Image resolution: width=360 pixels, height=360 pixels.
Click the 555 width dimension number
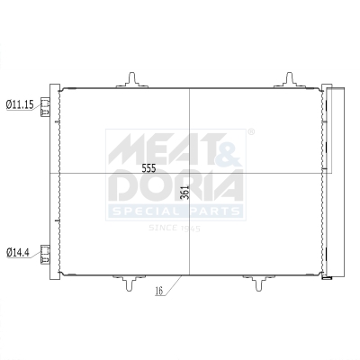pyautogui.click(x=149, y=168)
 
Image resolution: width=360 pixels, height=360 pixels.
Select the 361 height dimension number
pyautogui.click(x=184, y=193)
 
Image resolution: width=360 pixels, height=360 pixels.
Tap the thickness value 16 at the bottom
pyautogui.click(x=158, y=292)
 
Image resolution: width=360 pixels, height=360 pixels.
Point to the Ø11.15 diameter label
pyautogui.click(x=20, y=105)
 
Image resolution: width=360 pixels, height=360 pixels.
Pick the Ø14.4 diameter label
pyautogui.click(x=18, y=251)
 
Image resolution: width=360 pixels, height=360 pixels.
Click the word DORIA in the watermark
pyautogui.click(x=175, y=185)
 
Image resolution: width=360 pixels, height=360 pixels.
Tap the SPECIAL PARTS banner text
pyautogui.click(x=175, y=211)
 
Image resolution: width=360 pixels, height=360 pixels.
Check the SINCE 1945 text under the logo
pyautogui.click(x=175, y=228)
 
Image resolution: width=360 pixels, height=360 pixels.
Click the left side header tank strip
pyautogui.click(x=57, y=180)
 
